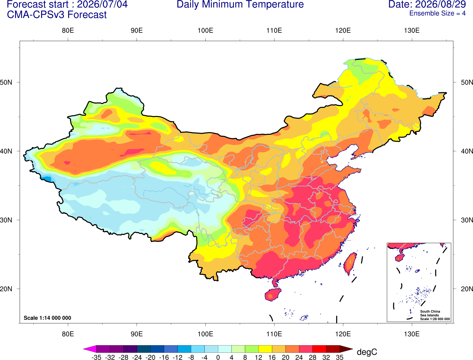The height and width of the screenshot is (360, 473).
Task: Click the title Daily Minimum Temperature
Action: coord(240,4)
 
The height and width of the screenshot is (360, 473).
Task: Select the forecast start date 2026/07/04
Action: coord(102,4)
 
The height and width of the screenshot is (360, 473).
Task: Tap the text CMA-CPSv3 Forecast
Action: coord(57,15)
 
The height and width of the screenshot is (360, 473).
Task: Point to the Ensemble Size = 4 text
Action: coord(437,13)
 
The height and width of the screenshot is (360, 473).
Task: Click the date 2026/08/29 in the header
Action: coord(441,4)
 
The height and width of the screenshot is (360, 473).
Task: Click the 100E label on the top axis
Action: coord(205,30)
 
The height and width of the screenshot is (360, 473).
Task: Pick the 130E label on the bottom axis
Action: coord(412,334)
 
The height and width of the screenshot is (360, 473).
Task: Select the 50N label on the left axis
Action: coord(6,82)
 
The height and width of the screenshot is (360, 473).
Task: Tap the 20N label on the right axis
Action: coord(467,289)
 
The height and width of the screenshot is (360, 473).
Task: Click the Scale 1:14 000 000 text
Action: coord(48,318)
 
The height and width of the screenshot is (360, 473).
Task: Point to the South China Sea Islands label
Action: coord(430,313)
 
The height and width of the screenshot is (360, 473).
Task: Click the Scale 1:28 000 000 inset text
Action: coord(435,319)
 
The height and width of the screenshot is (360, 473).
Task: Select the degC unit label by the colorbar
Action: coord(367,352)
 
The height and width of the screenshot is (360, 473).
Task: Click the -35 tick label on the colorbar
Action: coord(96,357)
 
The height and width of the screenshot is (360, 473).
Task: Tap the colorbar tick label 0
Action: coord(218,357)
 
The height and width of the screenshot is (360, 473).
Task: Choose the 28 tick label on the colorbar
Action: coord(313,357)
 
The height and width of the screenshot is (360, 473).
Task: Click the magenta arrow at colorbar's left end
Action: coord(90,349)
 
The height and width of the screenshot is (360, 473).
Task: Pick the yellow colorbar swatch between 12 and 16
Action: coord(265,349)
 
